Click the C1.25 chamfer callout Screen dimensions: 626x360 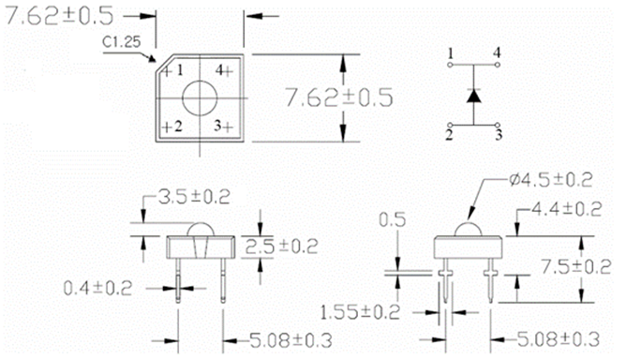122,41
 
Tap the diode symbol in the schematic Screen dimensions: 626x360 473,96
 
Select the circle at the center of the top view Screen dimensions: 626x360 200,97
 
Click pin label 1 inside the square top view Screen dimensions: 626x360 180,70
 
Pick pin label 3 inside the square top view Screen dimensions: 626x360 217,126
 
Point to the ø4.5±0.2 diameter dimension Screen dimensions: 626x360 551,181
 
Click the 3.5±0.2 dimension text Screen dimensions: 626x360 194,197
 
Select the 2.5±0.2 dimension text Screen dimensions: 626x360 281,247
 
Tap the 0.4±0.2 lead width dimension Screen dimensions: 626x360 97,288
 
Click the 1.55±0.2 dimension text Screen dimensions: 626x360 360,312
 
